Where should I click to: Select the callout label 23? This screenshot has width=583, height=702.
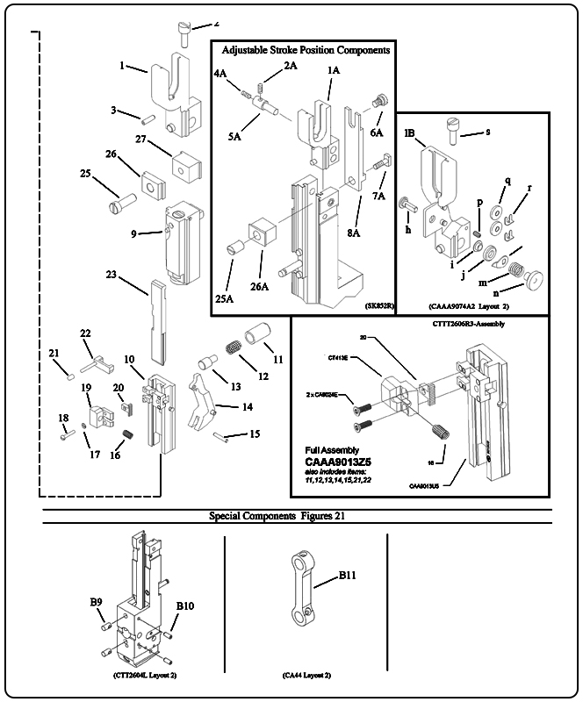(x=112, y=275)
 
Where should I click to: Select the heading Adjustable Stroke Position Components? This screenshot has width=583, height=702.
(x=306, y=51)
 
